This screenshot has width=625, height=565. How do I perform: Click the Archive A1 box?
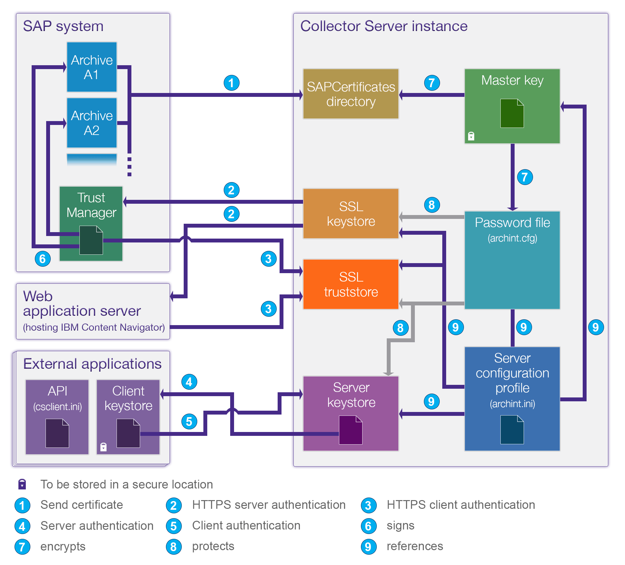pos(92,67)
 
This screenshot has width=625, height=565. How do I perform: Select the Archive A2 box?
pos(92,123)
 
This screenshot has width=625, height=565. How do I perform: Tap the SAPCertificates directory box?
pos(351,94)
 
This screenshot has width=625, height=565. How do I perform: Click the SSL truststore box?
pos(351,284)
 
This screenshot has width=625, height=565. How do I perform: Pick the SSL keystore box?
pos(351,214)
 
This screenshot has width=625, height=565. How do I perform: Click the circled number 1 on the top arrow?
pos(231,83)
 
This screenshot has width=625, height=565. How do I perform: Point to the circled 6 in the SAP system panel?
pos(43,259)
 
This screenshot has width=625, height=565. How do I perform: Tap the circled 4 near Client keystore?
pos(189,382)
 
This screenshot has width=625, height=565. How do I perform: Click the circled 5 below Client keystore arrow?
pos(189,421)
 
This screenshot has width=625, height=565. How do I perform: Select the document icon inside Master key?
pos(512,113)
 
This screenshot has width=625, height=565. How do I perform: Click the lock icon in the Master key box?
pos(471,136)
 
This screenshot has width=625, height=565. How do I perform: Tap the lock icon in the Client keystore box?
pos(103,447)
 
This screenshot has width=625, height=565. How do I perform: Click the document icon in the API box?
pos(57,433)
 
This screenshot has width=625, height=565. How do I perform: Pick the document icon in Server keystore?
pos(351,430)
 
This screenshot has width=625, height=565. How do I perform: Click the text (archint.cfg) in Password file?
pos(512,238)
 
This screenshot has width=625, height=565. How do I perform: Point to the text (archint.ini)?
pos(512,404)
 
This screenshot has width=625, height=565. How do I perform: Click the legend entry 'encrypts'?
pos(63,546)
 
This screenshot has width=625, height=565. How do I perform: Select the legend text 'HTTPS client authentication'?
pos(461,505)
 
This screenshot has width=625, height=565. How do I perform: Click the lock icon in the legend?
pos(22,484)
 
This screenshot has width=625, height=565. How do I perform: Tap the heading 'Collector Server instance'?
pos(384,26)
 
